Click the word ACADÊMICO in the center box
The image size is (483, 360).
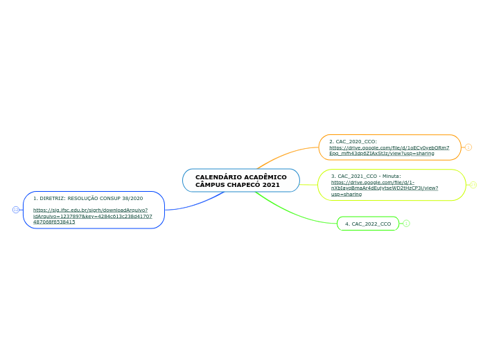pyautogui.click(x=265, y=177)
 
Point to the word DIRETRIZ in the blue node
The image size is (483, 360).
pyautogui.click(x=51, y=198)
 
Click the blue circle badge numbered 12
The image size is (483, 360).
pyautogui.click(x=16, y=210)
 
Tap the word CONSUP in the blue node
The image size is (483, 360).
pyautogui.click(x=105, y=198)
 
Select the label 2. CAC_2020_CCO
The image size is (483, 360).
pyautogui.click(x=353, y=141)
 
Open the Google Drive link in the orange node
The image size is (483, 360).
pyautogui.click(x=388, y=150)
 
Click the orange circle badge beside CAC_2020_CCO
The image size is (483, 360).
pyautogui.click(x=468, y=147)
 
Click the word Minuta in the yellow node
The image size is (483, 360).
pyautogui.click(x=390, y=176)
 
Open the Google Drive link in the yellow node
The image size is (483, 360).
pyautogui.click(x=384, y=188)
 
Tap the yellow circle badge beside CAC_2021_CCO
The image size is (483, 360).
pyautogui.click(x=473, y=185)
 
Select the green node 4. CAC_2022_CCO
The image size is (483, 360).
pyautogui.click(x=368, y=224)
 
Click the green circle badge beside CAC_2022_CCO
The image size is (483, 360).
pyautogui.click(x=407, y=224)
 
